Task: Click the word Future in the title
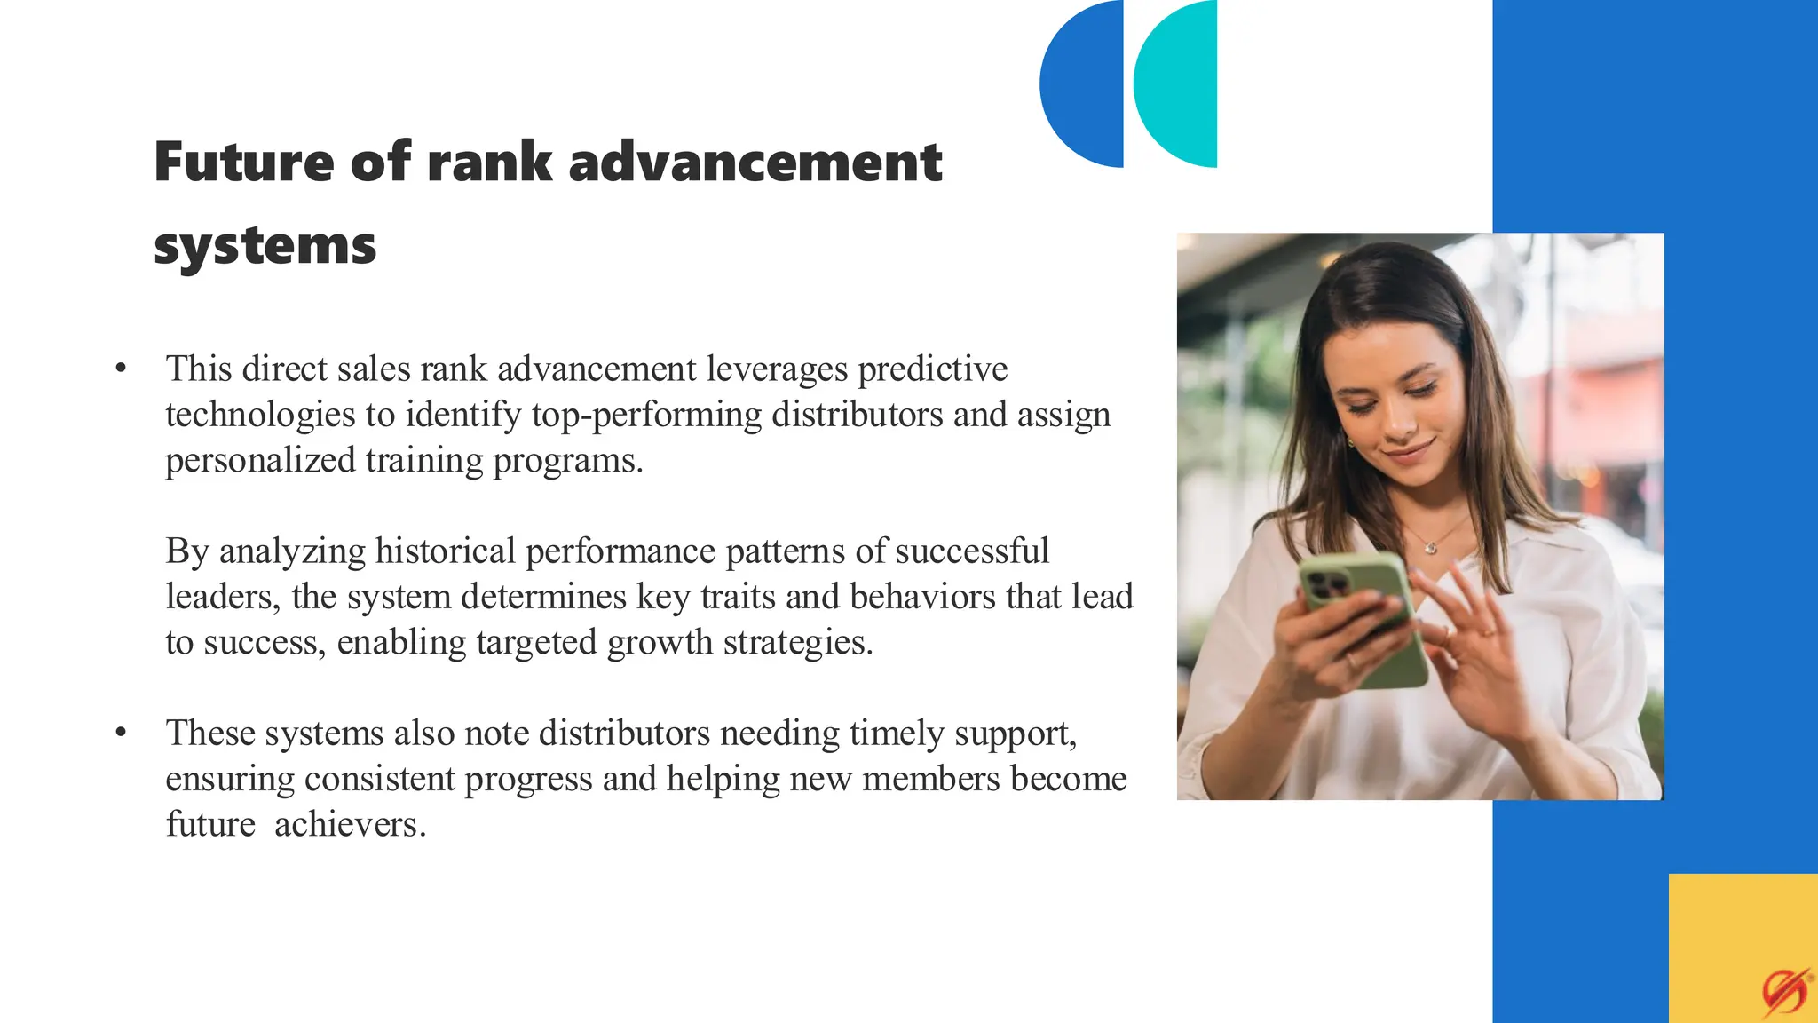click(244, 163)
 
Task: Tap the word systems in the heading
click(265, 246)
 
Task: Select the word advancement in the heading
click(755, 163)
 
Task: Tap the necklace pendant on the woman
click(1431, 548)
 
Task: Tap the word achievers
click(350, 825)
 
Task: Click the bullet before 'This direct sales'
click(122, 369)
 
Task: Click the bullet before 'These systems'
click(122, 733)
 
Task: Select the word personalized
click(260, 461)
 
